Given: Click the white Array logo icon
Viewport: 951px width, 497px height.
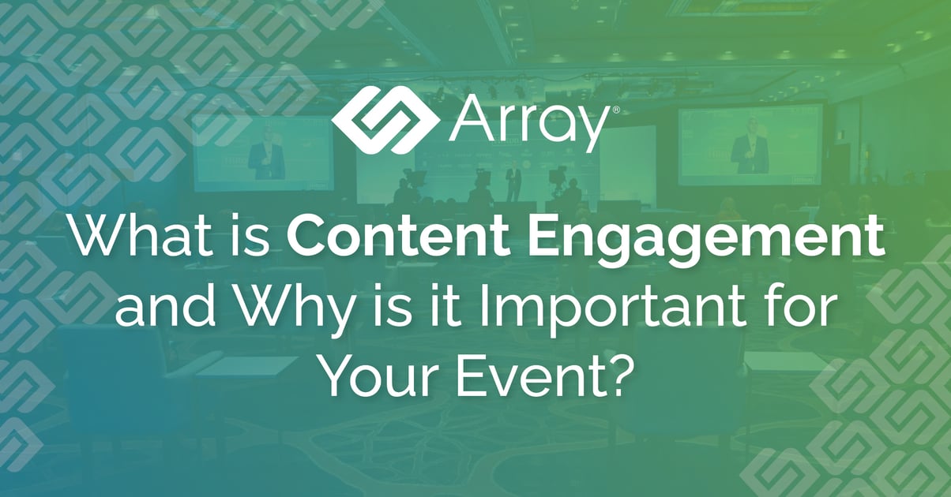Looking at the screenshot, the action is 385,120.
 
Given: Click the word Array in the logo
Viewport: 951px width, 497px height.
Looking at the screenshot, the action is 527,125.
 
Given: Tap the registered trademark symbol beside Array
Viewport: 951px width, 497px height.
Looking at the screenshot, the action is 616,110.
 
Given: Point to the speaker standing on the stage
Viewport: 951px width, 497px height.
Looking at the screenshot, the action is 513,181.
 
